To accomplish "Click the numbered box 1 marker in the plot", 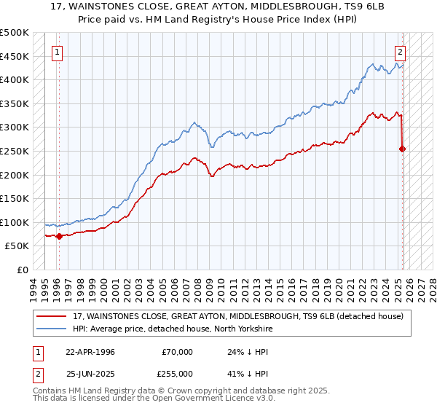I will [57, 52].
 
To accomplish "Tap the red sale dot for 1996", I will [59, 236].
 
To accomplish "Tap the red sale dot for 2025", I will [403, 149].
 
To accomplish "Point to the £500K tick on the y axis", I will [15, 33].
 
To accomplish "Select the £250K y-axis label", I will [15, 151].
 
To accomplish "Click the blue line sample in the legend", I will [52, 329].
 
